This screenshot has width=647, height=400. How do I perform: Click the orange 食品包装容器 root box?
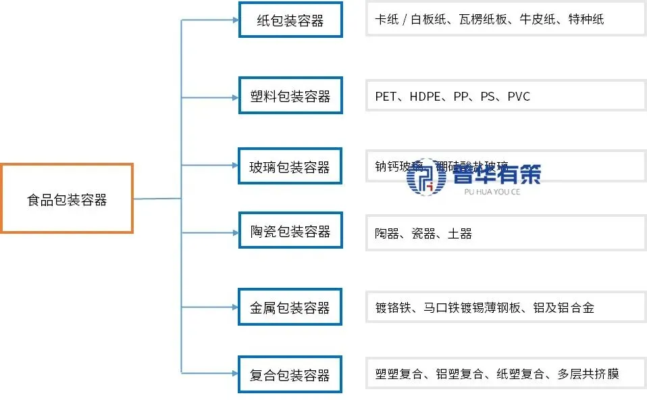(66, 199)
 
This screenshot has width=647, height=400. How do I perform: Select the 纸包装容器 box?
(290, 20)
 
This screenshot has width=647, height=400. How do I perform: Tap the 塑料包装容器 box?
(290, 96)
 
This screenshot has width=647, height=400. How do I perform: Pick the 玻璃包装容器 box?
(290, 166)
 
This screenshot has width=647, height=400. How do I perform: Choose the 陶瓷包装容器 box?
(290, 232)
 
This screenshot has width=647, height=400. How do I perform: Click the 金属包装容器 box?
(290, 308)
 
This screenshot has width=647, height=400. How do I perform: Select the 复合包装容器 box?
(290, 374)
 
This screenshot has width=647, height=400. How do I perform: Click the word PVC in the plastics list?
(519, 97)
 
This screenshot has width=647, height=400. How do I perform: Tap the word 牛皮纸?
(538, 20)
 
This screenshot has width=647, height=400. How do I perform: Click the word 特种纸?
(586, 20)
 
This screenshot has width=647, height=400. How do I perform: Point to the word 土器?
(460, 234)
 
